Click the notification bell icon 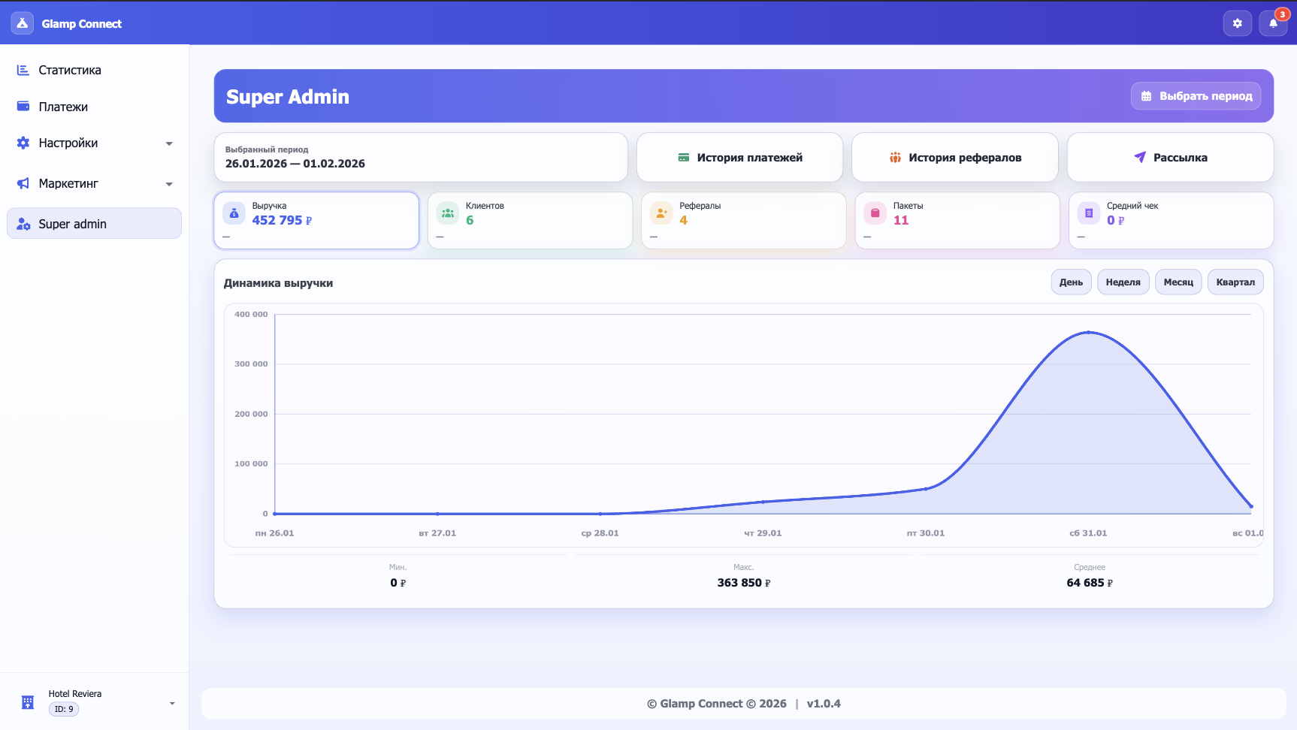(1273, 23)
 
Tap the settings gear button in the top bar (1237, 23)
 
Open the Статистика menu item (69, 70)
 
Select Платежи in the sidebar (63, 107)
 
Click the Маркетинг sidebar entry (68, 183)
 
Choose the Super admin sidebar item (72, 224)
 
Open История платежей (739, 158)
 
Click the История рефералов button (955, 158)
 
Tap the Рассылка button (1170, 158)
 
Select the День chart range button (1071, 282)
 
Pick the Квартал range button (1235, 282)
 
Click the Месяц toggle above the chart (1178, 282)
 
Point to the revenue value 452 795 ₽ (282, 220)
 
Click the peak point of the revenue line (1088, 332)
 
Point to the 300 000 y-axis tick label (251, 364)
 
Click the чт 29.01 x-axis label (763, 533)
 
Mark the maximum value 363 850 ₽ (743, 583)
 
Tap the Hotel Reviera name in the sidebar (75, 694)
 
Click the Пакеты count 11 (901, 220)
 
